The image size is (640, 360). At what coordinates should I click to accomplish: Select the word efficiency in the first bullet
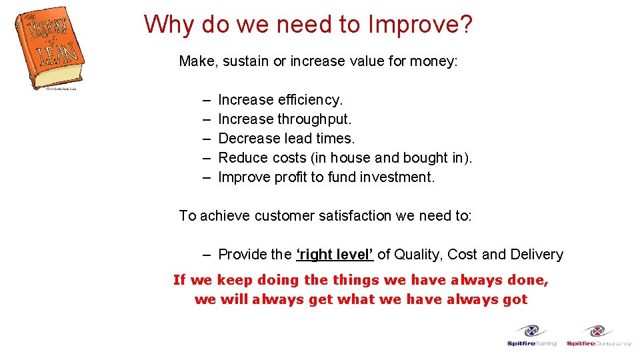pyautogui.click(x=310, y=100)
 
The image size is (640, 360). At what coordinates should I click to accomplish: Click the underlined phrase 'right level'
pyautogui.click(x=335, y=255)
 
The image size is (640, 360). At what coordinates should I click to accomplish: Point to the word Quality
pyautogui.click(x=418, y=255)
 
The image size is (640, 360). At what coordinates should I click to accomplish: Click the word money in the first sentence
pyautogui.click(x=433, y=61)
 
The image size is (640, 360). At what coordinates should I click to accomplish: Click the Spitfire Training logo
pyautogui.click(x=531, y=335)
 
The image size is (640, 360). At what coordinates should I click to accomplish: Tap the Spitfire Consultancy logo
pyautogui.click(x=598, y=335)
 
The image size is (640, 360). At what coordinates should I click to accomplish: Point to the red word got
pyautogui.click(x=515, y=299)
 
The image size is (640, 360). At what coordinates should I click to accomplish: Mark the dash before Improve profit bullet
pyautogui.click(x=207, y=177)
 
